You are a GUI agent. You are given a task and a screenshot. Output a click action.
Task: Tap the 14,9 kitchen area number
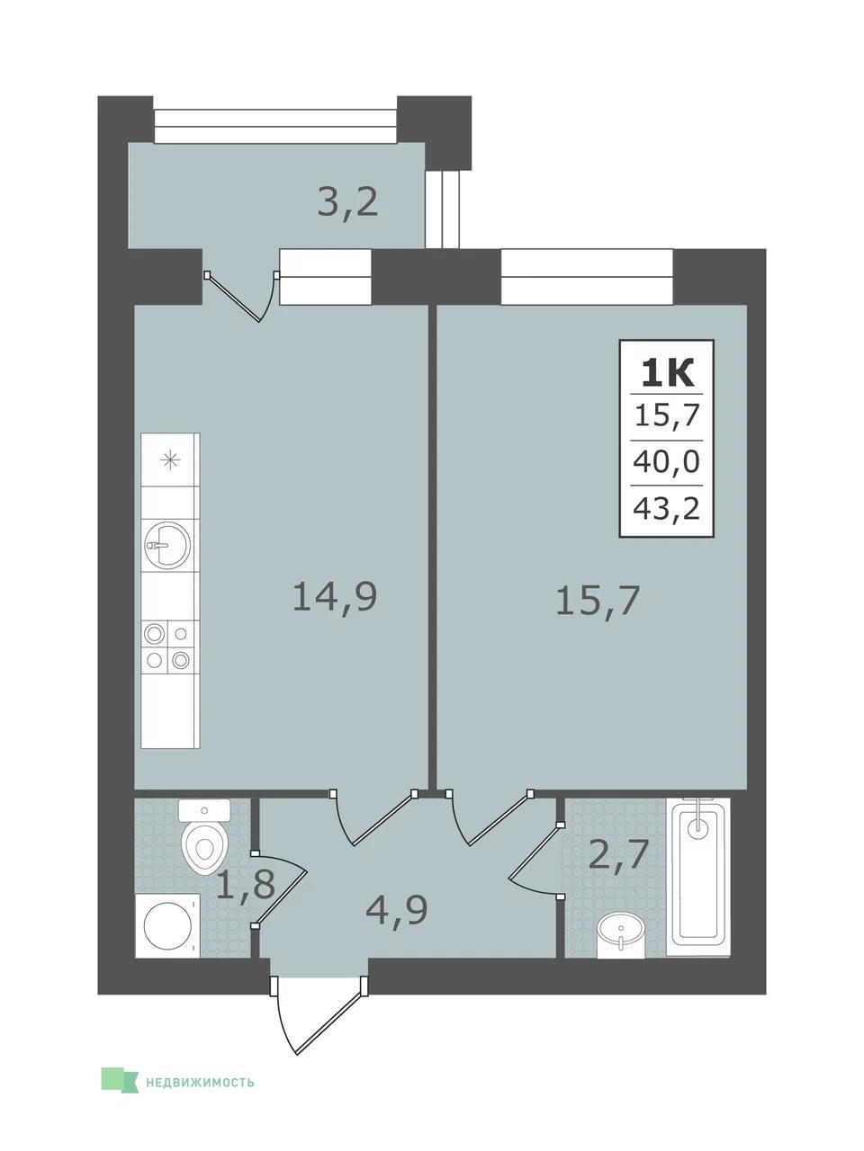tap(335, 597)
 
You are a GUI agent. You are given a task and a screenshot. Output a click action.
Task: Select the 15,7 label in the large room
tap(598, 601)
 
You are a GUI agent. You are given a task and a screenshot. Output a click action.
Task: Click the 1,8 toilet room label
tap(246, 884)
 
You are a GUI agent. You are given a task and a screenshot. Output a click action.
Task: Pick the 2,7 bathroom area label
tap(619, 855)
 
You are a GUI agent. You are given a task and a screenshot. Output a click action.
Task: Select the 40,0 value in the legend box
tap(666, 462)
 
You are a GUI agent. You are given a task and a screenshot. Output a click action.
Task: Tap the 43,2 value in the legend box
tap(666, 507)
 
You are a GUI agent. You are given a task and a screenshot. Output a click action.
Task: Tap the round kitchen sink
tap(166, 545)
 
